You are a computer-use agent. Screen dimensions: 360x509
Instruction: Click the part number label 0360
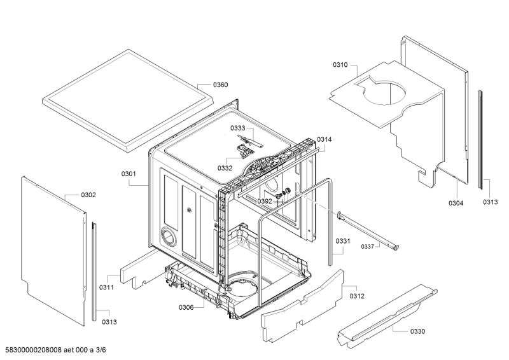coord(220,85)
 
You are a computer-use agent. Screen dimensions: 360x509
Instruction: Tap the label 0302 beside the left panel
coord(88,195)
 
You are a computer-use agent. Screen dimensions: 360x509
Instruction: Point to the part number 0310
coord(340,65)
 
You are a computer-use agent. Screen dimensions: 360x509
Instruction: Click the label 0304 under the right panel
coord(456,203)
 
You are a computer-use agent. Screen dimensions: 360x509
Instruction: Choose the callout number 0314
coord(324,139)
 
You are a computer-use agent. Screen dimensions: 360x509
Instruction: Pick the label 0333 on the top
coord(238,128)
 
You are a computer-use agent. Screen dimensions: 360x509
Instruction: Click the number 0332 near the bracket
coord(225,169)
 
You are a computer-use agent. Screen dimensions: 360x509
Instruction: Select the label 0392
coord(265,201)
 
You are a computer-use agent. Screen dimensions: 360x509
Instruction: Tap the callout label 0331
coord(343,240)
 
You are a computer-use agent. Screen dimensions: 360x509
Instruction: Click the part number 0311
coord(106,287)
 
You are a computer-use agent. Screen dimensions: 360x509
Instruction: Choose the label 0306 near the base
coord(186,308)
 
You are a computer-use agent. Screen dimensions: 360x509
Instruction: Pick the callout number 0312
coord(357,295)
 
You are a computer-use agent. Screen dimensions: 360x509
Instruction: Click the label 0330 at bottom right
coord(418,331)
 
